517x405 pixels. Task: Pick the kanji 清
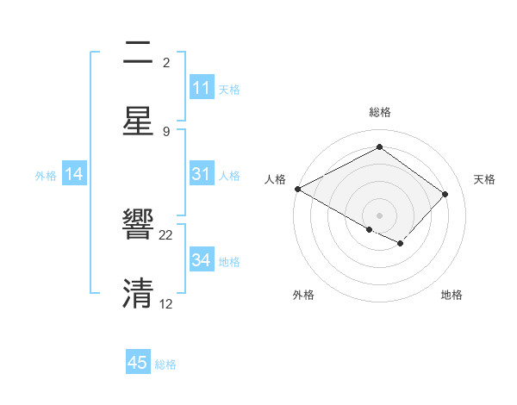pos(138,294)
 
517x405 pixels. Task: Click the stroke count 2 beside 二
pos(166,63)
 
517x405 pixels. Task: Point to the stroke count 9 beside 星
pos(166,131)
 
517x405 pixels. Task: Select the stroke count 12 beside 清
pos(166,303)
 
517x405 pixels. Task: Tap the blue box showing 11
pos(202,88)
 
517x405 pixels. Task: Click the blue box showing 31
pos(202,174)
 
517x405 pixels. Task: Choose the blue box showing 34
pos(202,260)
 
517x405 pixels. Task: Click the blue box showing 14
pos(74,174)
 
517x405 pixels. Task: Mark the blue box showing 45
pos(138,363)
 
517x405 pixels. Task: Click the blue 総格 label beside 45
pos(165,364)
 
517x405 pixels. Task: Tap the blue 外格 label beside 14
pos(46,176)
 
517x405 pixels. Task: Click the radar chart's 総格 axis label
pos(379,112)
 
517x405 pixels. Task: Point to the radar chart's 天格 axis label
pos(485,179)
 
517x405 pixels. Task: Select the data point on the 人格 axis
pos(297,189)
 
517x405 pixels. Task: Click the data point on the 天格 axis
pos(445,194)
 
